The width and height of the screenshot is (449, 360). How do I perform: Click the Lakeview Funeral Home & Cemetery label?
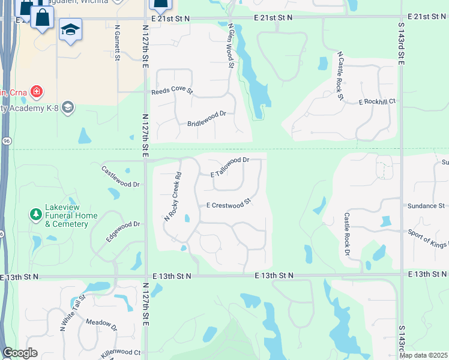tap(67, 220)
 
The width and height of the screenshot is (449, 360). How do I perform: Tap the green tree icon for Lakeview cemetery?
tap(36, 213)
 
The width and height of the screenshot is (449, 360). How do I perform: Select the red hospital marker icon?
tap(37, 92)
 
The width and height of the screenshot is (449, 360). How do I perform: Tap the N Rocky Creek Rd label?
tap(173, 197)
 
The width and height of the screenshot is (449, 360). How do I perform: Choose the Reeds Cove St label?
tap(172, 92)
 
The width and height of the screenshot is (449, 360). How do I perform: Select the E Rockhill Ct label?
tap(378, 103)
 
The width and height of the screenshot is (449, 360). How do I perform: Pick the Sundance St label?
tap(424, 206)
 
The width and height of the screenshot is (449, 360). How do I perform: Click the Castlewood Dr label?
tap(120, 177)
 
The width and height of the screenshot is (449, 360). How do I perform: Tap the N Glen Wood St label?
tap(229, 46)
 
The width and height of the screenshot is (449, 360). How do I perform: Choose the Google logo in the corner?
tap(20, 353)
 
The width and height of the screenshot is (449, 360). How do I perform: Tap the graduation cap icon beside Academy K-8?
tap(67, 107)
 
